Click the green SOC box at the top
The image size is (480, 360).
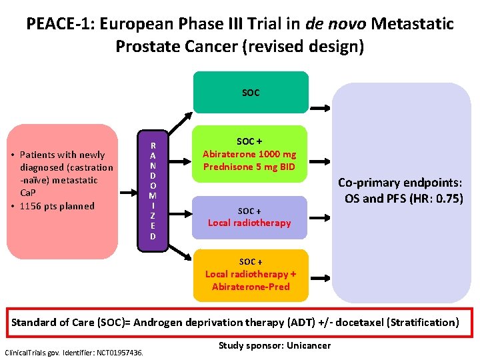pos(251,93)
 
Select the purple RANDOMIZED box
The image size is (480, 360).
pos(153,191)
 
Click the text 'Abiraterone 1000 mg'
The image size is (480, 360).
pos(250,154)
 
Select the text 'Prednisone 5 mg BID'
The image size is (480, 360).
pos(250,167)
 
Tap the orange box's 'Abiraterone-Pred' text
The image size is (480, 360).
pos(251,287)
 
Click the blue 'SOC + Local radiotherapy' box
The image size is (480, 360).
pos(250,217)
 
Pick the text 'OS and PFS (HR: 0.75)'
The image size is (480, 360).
pos(403,198)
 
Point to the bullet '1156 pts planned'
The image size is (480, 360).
pos(61,206)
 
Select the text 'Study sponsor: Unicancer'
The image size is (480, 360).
pos(274,345)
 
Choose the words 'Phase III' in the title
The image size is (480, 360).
pos(213,25)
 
